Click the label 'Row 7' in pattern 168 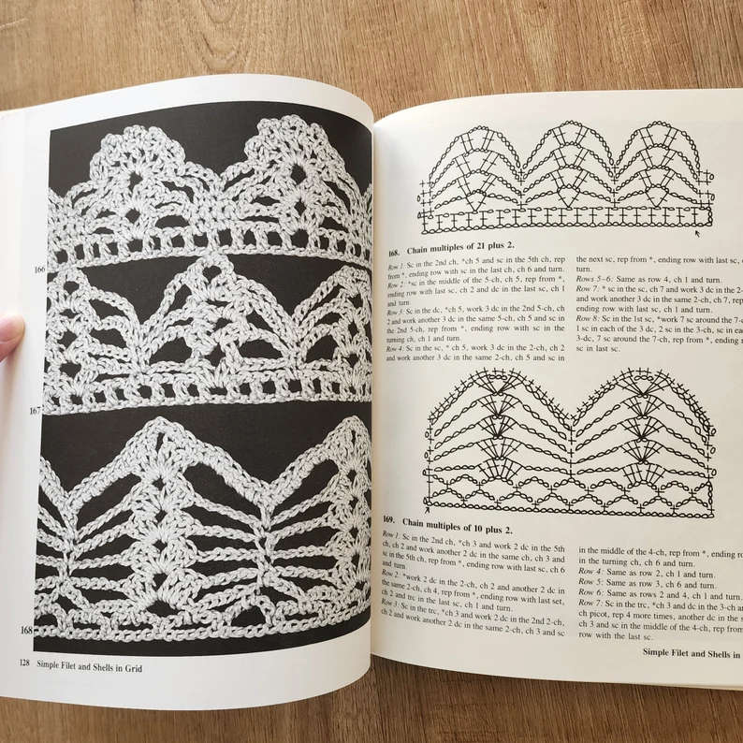click(x=587, y=291)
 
